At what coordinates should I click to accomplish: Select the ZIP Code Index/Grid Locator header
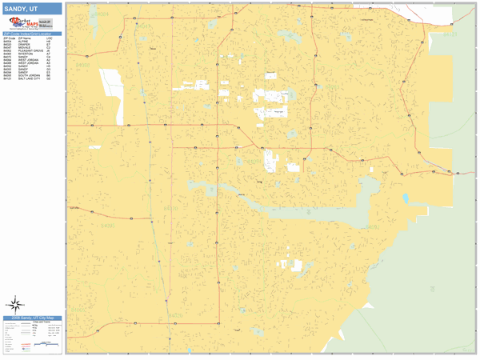click(32, 34)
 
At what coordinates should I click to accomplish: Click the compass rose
click(15, 304)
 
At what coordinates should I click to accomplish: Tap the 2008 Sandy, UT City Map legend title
click(32, 318)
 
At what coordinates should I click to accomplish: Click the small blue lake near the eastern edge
click(406, 198)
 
